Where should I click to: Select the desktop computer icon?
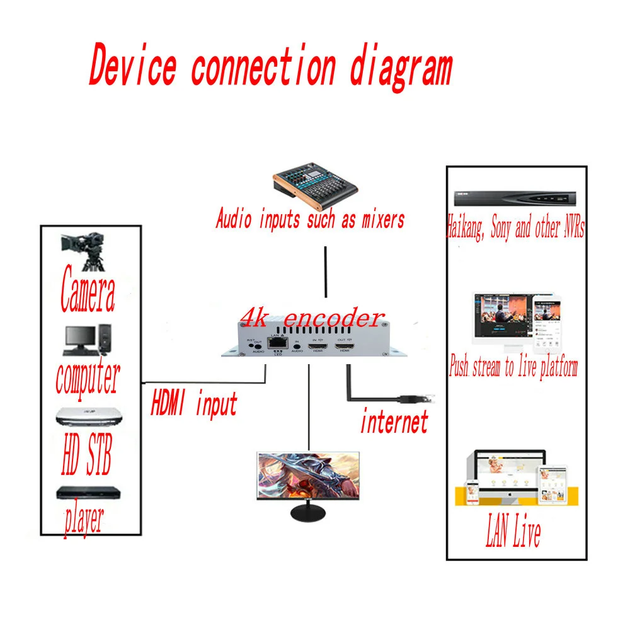click(88, 341)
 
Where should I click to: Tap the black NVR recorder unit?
click(515, 197)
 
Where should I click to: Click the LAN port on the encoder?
click(275, 343)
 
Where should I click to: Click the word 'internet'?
click(394, 421)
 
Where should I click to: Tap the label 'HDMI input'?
click(193, 404)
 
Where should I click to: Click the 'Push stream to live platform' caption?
click(513, 367)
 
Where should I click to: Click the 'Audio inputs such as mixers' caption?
click(309, 220)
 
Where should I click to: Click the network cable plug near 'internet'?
click(418, 398)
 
